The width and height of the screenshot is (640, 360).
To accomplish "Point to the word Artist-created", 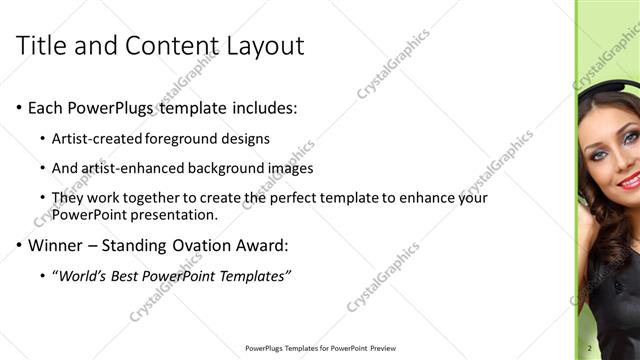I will click(99, 138).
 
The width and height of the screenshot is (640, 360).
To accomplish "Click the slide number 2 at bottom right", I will click(590, 348).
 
